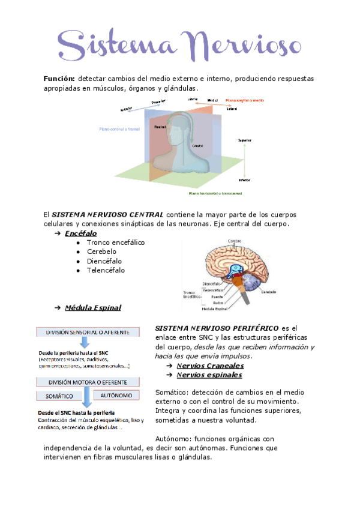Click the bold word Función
tap(58, 79)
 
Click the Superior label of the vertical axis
tap(244, 140)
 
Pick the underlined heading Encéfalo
tap(81, 233)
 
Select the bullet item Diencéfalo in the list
tap(104, 261)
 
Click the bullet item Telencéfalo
tap(106, 271)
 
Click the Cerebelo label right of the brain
tap(268, 292)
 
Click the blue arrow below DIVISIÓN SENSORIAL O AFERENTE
tap(85, 343)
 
